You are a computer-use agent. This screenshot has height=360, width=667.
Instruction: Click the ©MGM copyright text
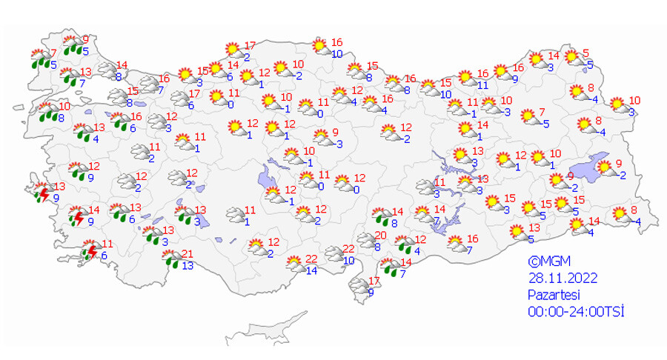546,261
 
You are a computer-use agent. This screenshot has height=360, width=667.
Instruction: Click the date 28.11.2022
563,278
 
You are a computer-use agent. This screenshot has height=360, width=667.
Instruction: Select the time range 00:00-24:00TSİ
576,311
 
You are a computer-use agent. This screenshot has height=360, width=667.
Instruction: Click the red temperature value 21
188,254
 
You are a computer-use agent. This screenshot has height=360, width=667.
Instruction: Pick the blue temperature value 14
311,270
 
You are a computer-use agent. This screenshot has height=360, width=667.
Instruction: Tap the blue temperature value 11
482,85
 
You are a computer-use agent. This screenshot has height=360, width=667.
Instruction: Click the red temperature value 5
585,53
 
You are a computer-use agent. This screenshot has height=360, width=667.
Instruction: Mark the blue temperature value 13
188,266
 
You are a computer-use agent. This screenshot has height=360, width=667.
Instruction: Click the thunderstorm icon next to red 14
76,217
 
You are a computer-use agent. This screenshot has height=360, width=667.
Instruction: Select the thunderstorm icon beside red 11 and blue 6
90,252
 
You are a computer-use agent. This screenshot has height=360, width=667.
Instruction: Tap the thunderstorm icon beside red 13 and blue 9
42,194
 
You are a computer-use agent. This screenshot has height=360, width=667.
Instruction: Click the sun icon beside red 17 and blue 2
234,50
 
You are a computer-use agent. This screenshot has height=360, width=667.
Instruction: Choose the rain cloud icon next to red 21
171,259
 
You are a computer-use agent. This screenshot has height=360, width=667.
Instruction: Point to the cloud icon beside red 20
365,240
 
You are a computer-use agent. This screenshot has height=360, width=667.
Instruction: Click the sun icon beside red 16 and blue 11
465,77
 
